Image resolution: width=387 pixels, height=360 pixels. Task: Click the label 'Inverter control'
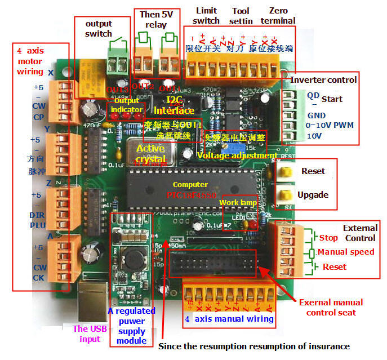click(323, 80)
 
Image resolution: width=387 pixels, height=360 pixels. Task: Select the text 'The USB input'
click(89, 334)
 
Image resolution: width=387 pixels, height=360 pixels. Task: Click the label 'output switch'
click(99, 28)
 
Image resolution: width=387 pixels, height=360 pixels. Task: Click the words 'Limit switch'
click(206, 15)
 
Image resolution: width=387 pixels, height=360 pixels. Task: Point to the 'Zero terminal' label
click(278, 15)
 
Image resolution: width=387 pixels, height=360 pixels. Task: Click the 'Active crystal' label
click(150, 154)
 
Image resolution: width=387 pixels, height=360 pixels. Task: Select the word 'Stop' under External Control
click(328, 238)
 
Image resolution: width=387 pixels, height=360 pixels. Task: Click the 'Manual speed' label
click(346, 252)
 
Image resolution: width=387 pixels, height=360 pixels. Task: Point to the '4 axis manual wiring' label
click(229, 319)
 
